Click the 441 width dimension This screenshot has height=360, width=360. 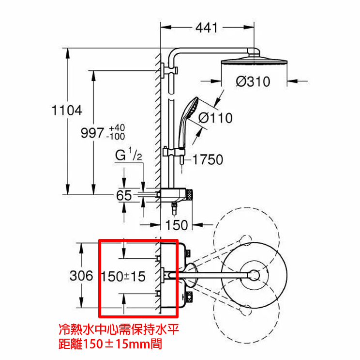[x=207, y=28]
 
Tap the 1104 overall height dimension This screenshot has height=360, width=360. [x=67, y=110]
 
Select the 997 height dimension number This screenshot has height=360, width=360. [x=92, y=133]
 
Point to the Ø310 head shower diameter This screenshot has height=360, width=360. [x=253, y=81]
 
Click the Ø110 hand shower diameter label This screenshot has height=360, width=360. [x=215, y=118]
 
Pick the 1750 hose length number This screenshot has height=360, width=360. [x=208, y=159]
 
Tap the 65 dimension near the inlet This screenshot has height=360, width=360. [x=124, y=196]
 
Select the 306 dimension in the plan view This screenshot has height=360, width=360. [x=81, y=276]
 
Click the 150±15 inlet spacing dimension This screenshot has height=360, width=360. [x=123, y=276]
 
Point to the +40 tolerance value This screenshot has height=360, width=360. [x=117, y=127]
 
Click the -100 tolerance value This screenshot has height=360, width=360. [x=116, y=136]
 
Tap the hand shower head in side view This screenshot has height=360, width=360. [x=188, y=122]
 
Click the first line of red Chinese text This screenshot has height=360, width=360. [x=119, y=329]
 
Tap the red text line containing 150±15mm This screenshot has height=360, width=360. [x=110, y=344]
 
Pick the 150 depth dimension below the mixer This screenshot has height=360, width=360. [x=177, y=225]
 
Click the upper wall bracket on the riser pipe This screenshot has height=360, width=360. [x=169, y=70]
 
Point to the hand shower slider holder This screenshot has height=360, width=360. [x=174, y=152]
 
